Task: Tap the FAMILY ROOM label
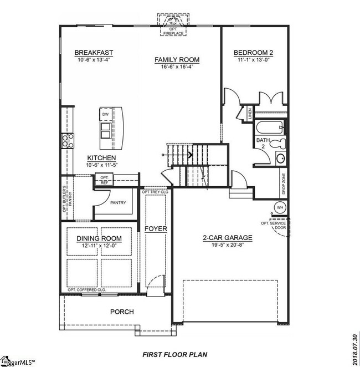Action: (x=177, y=60)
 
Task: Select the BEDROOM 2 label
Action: (x=256, y=53)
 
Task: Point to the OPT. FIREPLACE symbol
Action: (x=172, y=27)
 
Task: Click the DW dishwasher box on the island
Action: (x=105, y=115)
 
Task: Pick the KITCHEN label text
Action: (x=101, y=158)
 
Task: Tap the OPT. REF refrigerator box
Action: (x=104, y=179)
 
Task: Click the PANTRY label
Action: (x=118, y=203)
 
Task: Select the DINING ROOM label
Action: (x=99, y=239)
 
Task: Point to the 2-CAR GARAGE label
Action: (x=227, y=238)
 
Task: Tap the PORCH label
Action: (x=121, y=312)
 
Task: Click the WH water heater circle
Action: (x=280, y=207)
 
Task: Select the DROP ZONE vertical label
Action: (x=284, y=183)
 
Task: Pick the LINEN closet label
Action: (x=250, y=114)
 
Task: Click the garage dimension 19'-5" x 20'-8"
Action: (x=227, y=245)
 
